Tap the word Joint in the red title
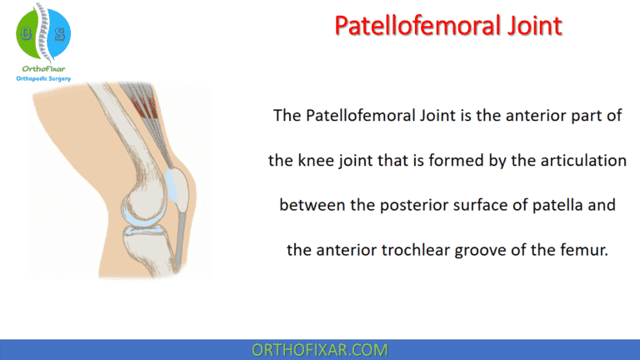(x=527, y=26)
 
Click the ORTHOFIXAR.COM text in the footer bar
(x=319, y=348)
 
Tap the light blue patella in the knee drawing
(x=177, y=183)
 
